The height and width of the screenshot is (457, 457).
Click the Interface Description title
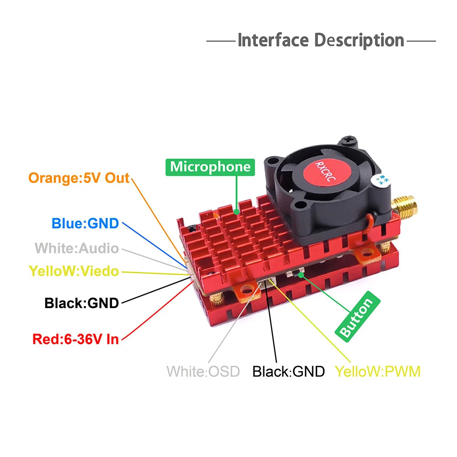[x=321, y=40]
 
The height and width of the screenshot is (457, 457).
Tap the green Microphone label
[x=210, y=167]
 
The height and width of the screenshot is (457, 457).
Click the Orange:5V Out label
[x=79, y=177]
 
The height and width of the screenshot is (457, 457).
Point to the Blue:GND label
[x=85, y=223]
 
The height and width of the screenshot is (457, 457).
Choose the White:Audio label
[x=77, y=249]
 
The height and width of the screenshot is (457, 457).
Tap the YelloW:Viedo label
[x=74, y=271]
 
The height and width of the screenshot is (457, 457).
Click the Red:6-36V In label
[x=75, y=339]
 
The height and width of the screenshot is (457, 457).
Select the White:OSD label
[x=203, y=371]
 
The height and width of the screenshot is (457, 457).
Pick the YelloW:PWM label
[x=377, y=371]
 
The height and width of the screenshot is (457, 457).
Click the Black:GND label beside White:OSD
[x=288, y=371]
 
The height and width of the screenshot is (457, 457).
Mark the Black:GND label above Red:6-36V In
[x=81, y=303]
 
